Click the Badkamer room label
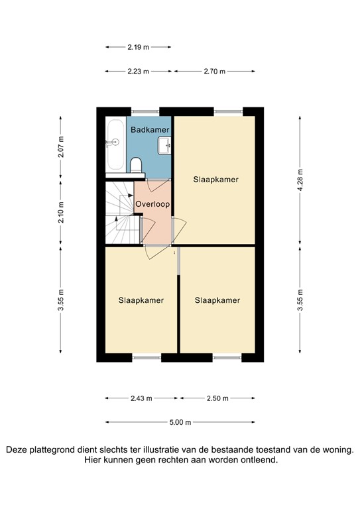[150, 130]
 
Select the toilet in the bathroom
[136, 164]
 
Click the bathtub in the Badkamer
[115, 144]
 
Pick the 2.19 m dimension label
[139, 47]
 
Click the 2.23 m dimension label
[139, 72]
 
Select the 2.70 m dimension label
[213, 72]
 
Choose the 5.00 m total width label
[180, 422]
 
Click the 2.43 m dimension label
[141, 398]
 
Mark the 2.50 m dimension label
[217, 398]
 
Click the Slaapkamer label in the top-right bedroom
[216, 180]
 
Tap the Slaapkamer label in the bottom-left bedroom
[141, 300]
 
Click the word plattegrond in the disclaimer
[56, 449]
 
